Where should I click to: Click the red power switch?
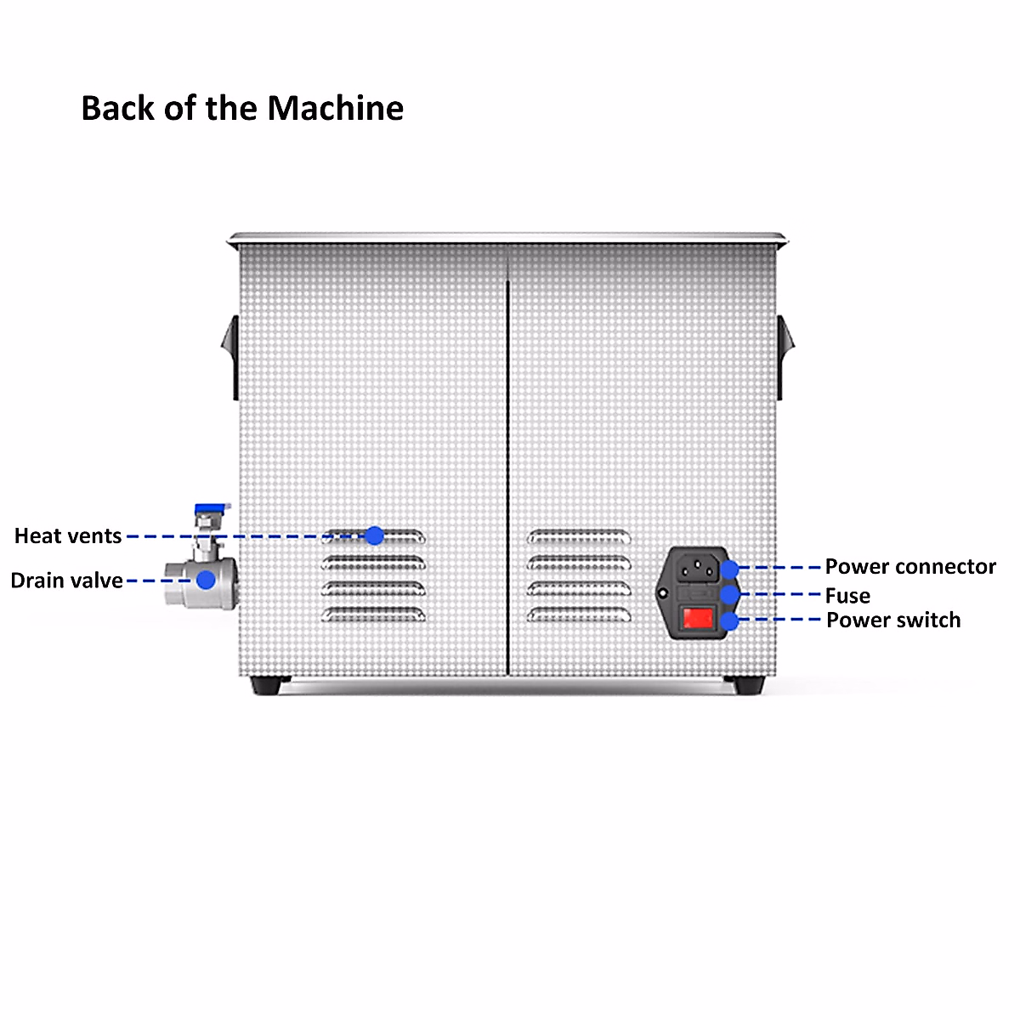pos(698,618)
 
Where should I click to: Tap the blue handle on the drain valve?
pos(212,509)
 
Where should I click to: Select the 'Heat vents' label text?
pos(68,536)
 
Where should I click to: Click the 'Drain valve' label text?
pos(66,581)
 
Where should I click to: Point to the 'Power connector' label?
pos(910,567)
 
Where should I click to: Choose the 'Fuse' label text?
pos(847,596)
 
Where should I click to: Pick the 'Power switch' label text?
pos(893,620)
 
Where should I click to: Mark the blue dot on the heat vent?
pos(374,535)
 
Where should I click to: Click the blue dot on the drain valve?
pos(206,580)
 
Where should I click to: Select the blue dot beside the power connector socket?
pos(729,567)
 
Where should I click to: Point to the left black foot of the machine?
pos(270,683)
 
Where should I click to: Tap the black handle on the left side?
pos(229,357)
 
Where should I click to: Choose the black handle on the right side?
pos(786,357)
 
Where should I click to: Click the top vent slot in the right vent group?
pos(579,536)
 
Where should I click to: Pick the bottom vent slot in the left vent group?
pos(373,614)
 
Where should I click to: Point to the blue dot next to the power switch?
pos(729,621)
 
